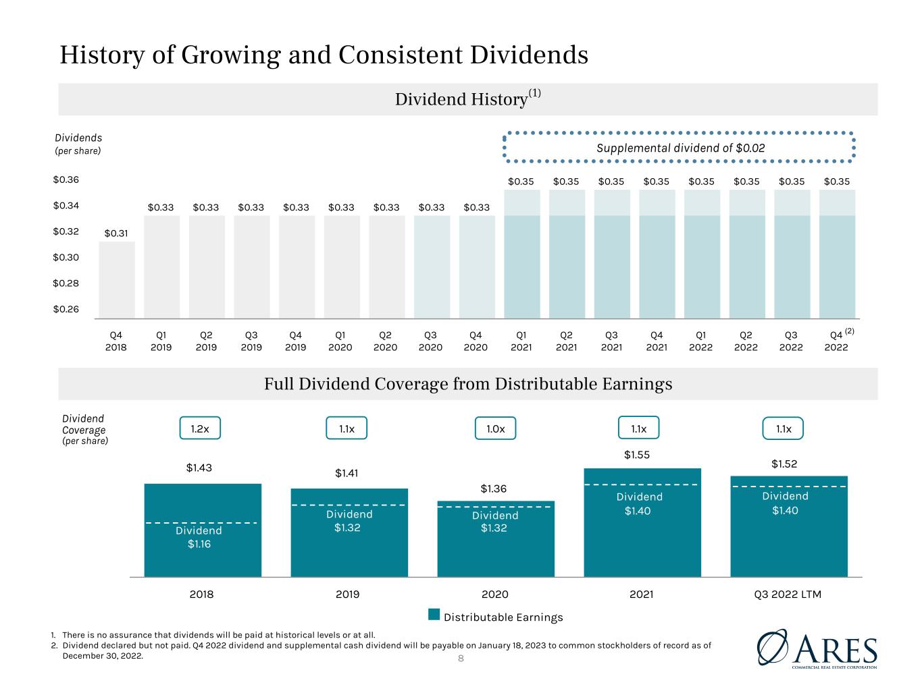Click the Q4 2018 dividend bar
point(117,280)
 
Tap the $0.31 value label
point(116,233)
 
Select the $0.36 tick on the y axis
point(66,179)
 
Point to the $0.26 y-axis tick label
point(66,309)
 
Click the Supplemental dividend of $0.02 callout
point(679,147)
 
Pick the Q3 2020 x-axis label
point(430,341)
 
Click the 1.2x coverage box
point(200,428)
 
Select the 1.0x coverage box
point(495,429)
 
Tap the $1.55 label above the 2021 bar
point(637,455)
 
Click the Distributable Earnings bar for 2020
point(496,538)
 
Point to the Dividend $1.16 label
point(199,537)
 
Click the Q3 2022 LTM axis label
point(788,594)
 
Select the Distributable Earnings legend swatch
point(434,614)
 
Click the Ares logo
point(817,649)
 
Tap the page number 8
point(461,659)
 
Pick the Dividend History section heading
point(467,99)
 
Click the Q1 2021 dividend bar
point(522,254)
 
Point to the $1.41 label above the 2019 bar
point(347,473)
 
